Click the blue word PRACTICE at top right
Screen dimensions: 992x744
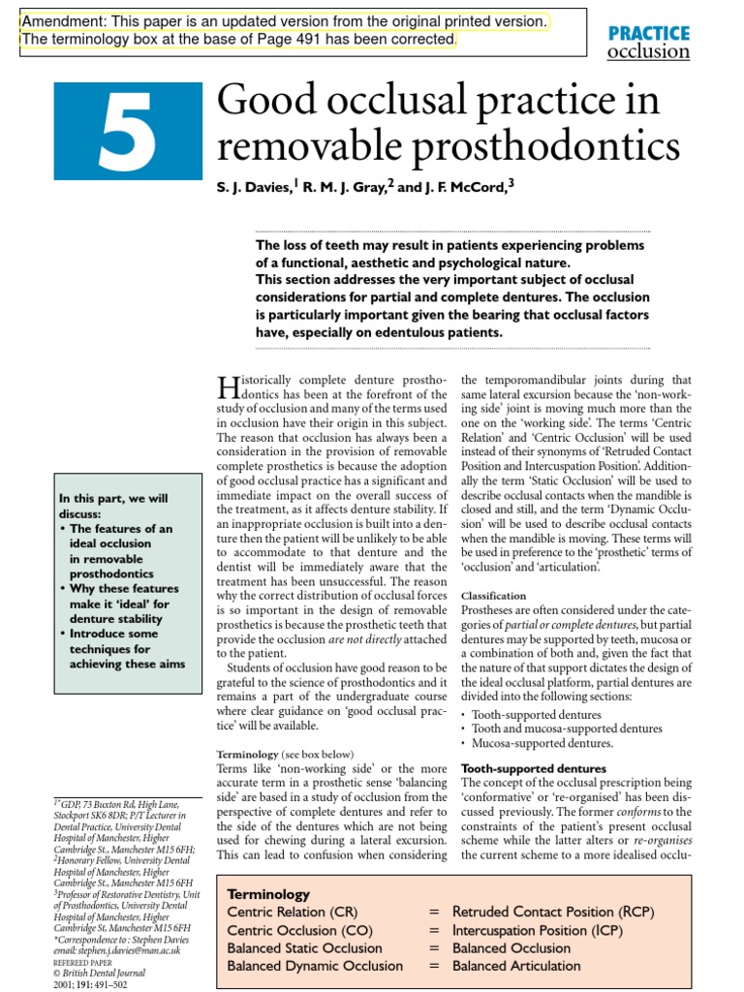point(648,32)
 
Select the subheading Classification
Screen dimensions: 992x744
point(494,595)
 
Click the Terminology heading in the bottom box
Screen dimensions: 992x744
point(268,894)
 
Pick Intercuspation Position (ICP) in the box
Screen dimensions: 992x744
point(538,930)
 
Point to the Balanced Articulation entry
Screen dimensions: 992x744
point(516,965)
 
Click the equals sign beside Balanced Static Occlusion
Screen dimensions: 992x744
point(434,947)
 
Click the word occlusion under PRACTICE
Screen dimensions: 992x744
point(648,51)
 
